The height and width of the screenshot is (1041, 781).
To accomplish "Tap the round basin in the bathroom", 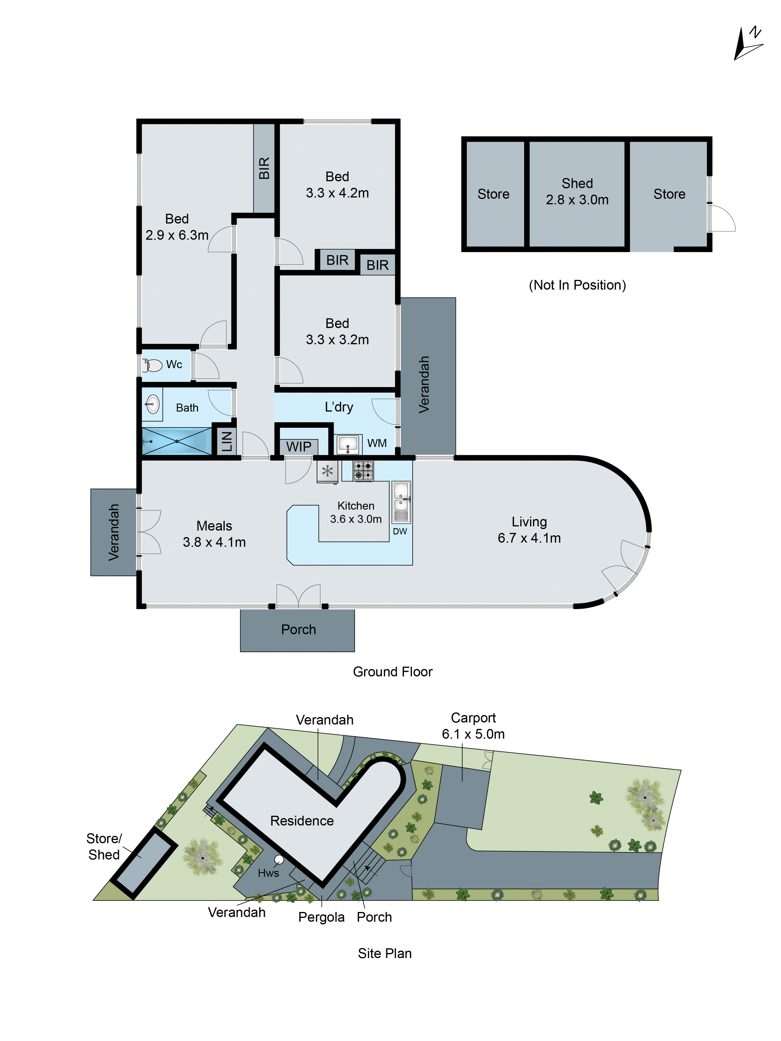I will click(x=152, y=403).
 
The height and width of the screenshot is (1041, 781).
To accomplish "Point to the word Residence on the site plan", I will click(x=302, y=821).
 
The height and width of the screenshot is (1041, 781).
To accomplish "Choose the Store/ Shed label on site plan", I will click(x=104, y=846).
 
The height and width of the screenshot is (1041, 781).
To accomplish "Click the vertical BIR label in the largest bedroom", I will click(x=264, y=168).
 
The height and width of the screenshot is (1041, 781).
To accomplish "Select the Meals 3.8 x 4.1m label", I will click(x=214, y=534).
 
